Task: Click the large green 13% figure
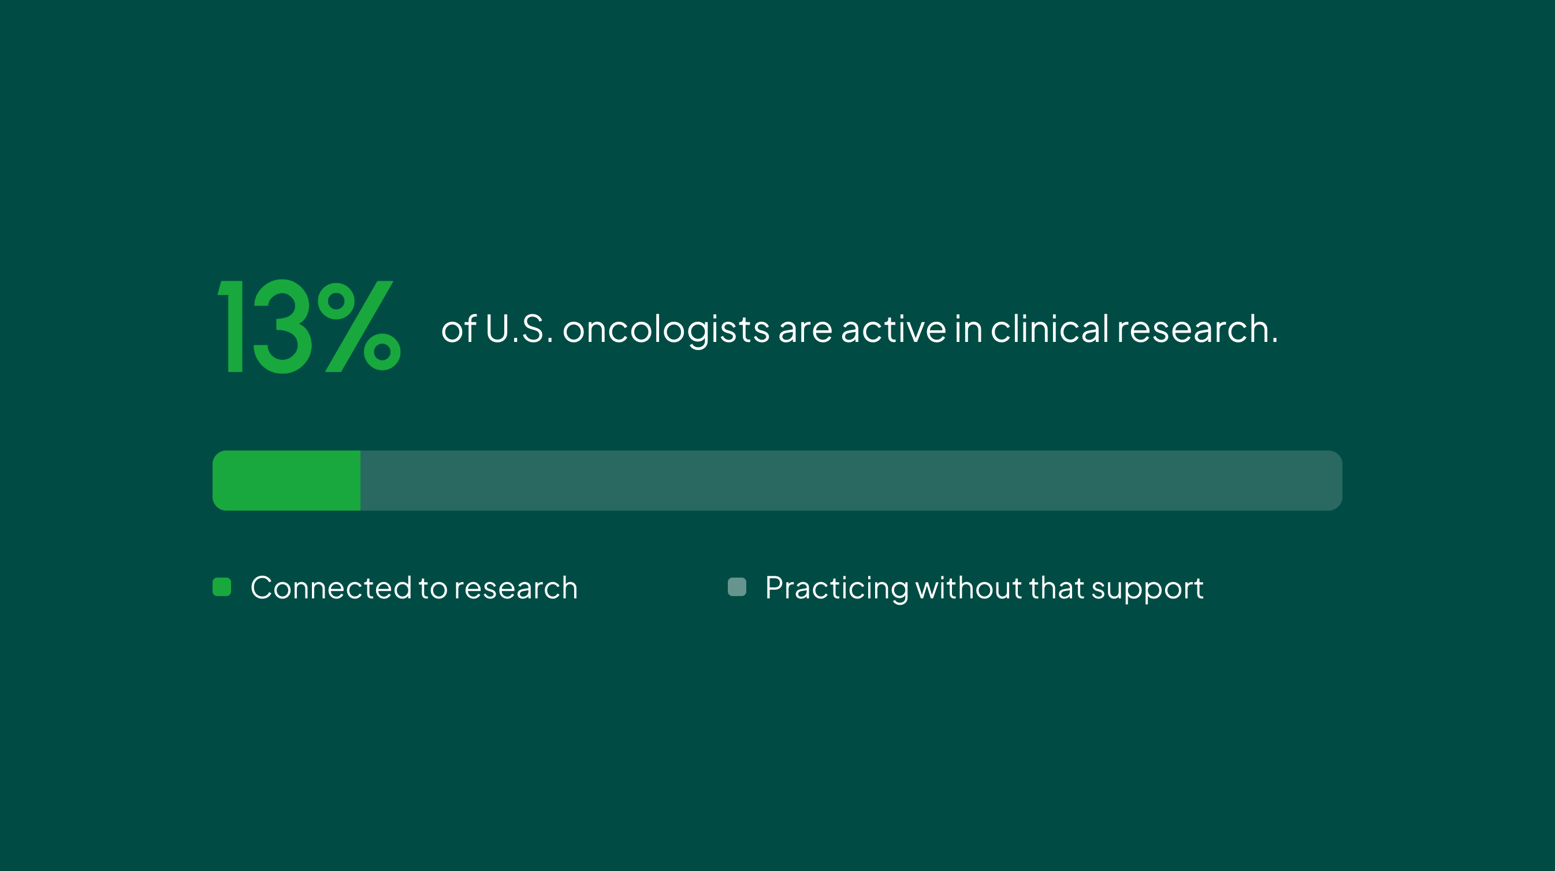click(309, 326)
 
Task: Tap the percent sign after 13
click(359, 326)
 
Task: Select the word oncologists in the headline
click(666, 331)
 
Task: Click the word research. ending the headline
click(1197, 329)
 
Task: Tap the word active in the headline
click(894, 329)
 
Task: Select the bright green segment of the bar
click(286, 481)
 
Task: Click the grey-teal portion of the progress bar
click(851, 481)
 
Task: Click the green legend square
click(222, 587)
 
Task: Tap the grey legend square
click(737, 587)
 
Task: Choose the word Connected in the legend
click(331, 588)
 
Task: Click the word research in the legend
click(516, 589)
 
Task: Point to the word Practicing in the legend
click(836, 589)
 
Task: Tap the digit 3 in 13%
click(282, 326)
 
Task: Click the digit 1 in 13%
click(231, 326)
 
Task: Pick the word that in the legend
click(1056, 587)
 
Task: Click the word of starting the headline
click(459, 329)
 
